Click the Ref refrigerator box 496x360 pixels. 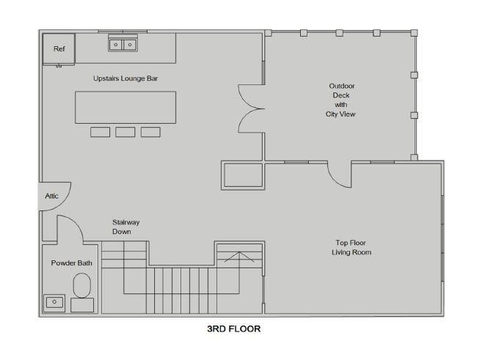pos(59,48)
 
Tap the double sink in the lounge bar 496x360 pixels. pos(123,45)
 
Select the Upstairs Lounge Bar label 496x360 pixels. pos(125,78)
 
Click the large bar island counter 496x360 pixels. pos(125,108)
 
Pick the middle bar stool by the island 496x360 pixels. pos(125,132)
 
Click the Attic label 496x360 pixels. pos(51,196)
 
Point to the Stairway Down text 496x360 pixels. pos(126,227)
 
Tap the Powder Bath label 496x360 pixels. pos(71,263)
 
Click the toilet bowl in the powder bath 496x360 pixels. pos(82,285)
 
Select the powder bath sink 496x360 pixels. pos(54,303)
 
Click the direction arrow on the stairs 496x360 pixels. pos(239,257)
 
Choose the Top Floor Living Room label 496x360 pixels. pos(351,248)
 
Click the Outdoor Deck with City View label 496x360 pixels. pos(340,100)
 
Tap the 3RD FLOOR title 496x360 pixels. pos(234,328)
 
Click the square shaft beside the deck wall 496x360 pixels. pos(243,175)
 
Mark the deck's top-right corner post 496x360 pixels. pos(414,33)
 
